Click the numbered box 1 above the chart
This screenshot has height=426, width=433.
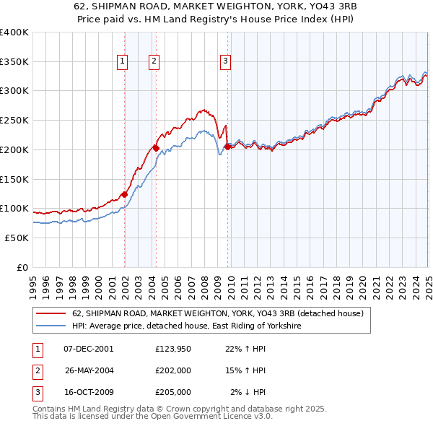(123, 62)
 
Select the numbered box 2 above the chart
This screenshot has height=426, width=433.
(154, 62)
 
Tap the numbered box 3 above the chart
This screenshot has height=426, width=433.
(226, 62)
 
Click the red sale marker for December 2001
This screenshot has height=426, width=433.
(124, 194)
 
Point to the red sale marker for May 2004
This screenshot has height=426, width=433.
(156, 148)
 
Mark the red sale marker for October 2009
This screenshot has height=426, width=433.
(227, 147)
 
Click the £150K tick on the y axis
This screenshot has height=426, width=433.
(14, 178)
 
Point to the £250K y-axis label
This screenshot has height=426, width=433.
(14, 120)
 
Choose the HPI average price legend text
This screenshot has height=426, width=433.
(185, 326)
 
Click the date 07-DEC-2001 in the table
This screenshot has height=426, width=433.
(89, 349)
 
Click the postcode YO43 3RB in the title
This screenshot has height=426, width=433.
(248, 5)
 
